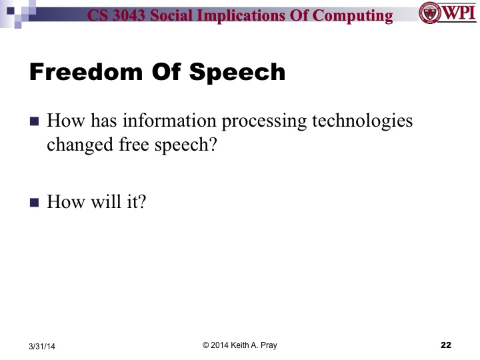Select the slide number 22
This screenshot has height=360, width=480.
446,345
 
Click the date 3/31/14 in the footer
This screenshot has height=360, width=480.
43,346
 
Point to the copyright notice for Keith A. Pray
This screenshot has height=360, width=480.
240,345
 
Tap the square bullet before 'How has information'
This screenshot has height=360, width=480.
35,122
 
